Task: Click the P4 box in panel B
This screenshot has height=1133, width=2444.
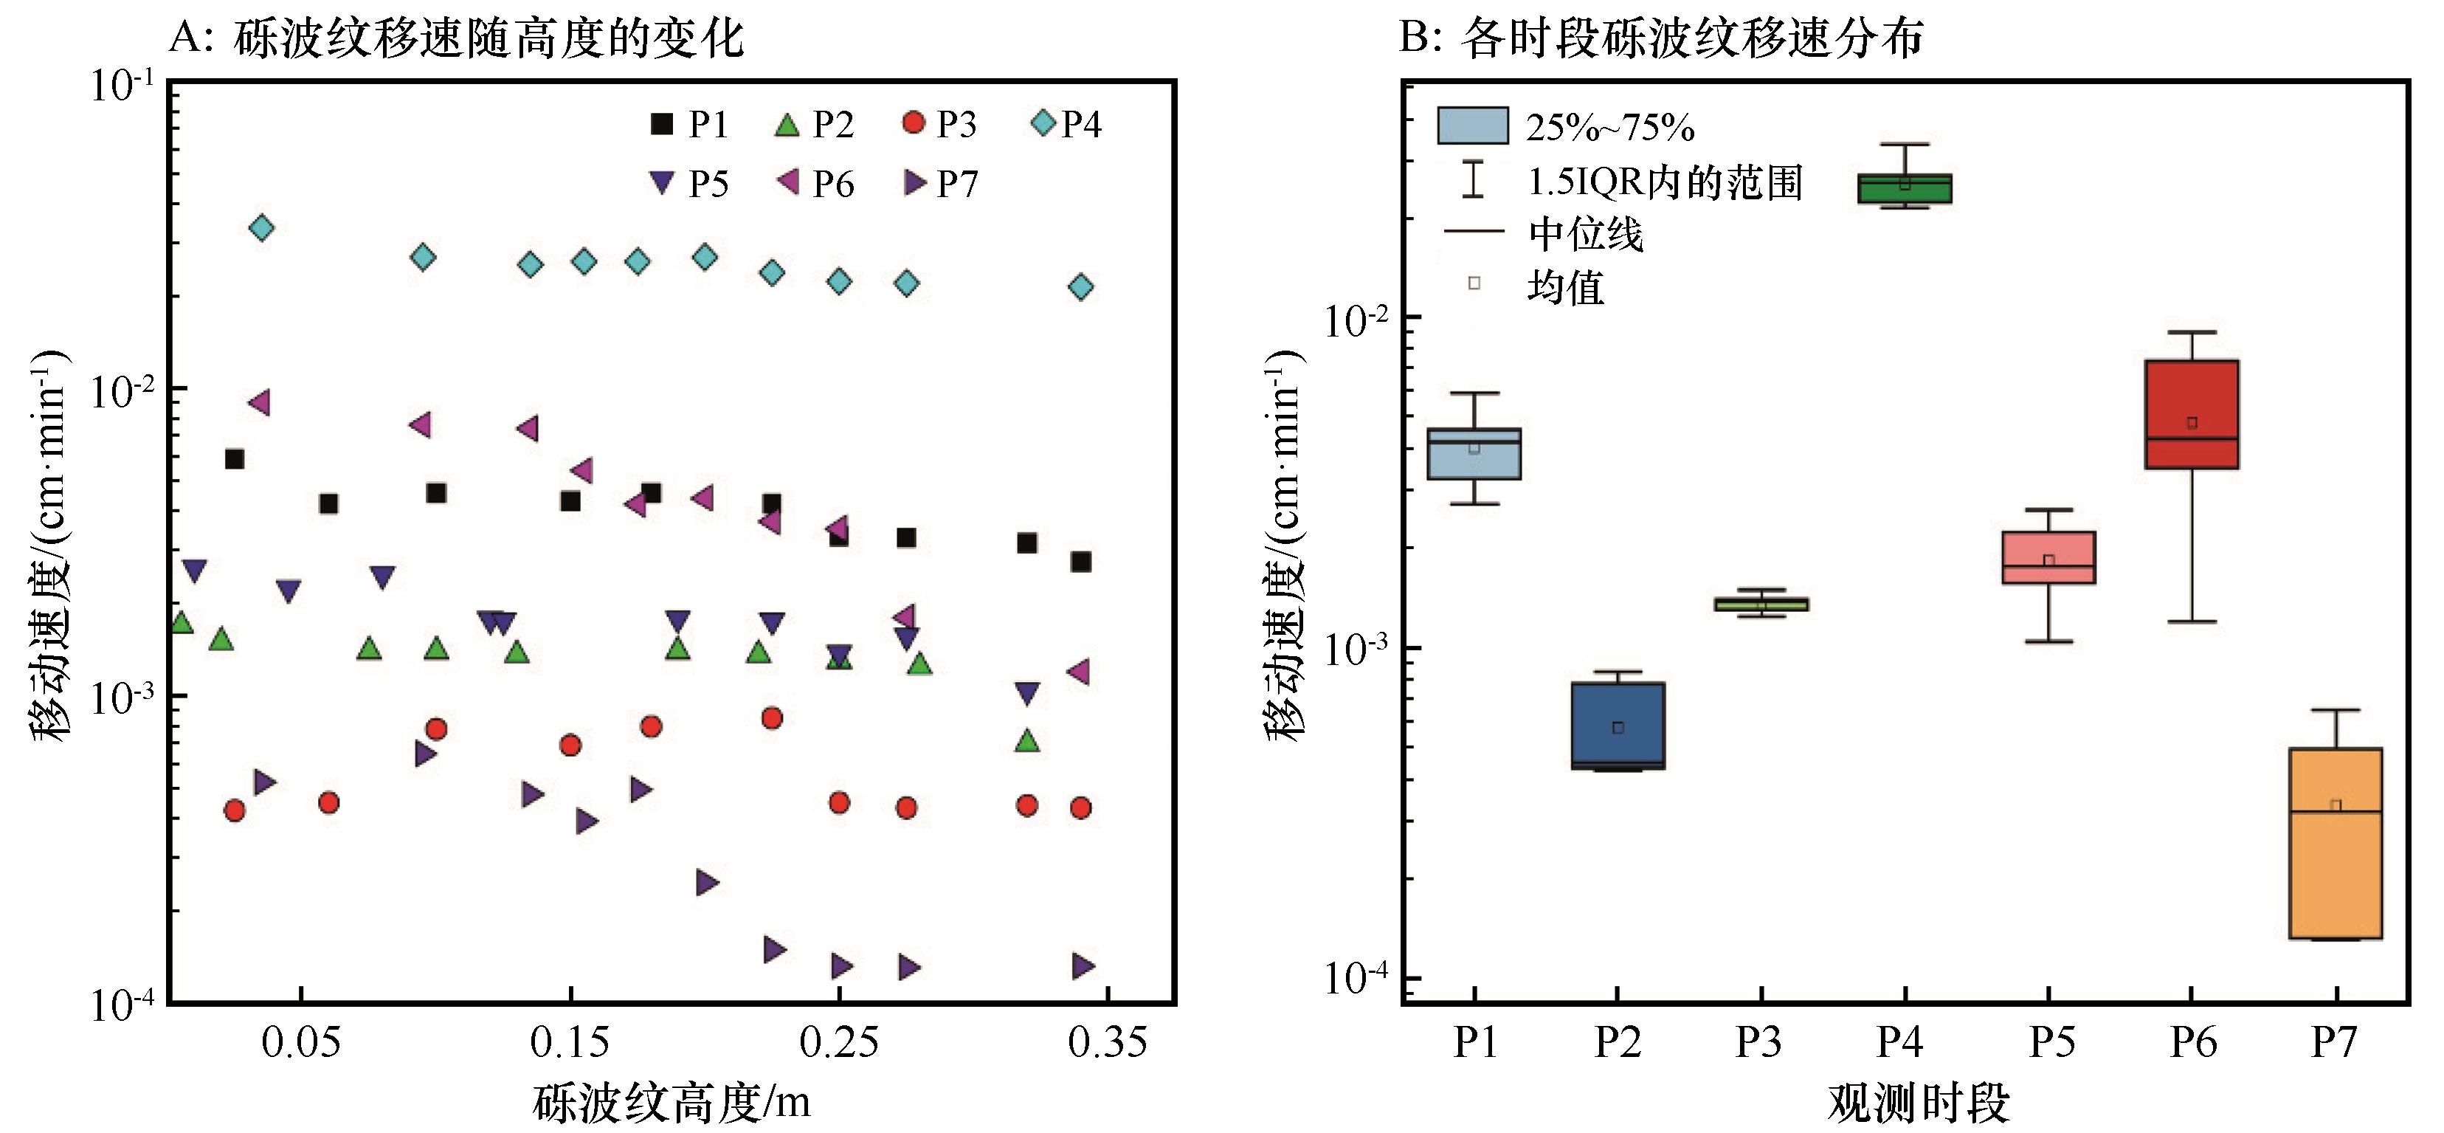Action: [x=1903, y=189]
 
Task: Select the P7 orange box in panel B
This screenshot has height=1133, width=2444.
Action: [x=2335, y=843]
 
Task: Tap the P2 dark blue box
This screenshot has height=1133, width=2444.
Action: [x=1618, y=725]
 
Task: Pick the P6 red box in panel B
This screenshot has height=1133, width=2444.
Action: [x=2192, y=414]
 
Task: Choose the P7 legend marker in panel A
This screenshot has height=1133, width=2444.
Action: [x=914, y=182]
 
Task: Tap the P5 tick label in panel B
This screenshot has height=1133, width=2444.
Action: [x=2050, y=1043]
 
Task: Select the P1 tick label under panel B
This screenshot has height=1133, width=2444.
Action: [x=1474, y=1043]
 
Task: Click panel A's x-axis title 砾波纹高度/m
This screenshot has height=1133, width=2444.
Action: [x=671, y=1103]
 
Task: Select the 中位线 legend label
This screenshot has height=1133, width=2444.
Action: [x=1585, y=233]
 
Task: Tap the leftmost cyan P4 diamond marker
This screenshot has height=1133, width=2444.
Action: [x=261, y=228]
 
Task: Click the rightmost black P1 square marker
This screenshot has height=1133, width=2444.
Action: [x=1080, y=562]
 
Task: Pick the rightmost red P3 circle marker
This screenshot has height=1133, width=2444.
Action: [x=1080, y=807]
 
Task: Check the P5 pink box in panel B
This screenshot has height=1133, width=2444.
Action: [x=2048, y=557]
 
